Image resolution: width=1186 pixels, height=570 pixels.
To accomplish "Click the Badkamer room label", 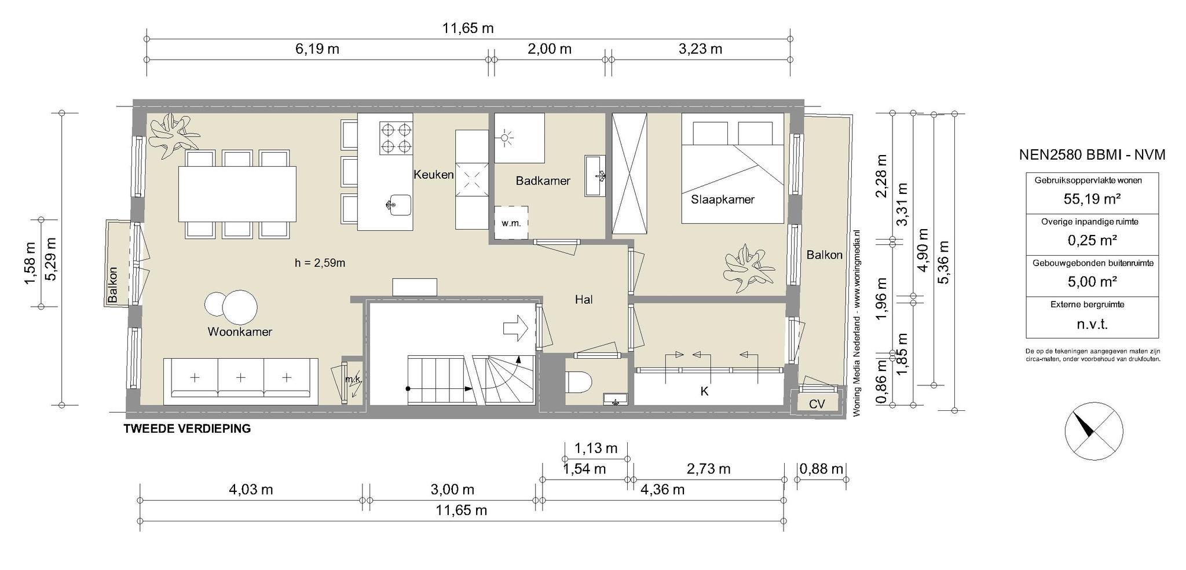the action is pyautogui.click(x=543, y=181).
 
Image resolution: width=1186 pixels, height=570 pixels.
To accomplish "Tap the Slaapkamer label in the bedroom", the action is pyautogui.click(x=723, y=200).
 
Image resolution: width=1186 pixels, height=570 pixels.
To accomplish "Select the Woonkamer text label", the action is pyautogui.click(x=240, y=332).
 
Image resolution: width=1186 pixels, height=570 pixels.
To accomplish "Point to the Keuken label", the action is pyautogui.click(x=433, y=174).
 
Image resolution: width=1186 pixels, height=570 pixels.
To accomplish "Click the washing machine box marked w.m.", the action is pyautogui.click(x=511, y=222).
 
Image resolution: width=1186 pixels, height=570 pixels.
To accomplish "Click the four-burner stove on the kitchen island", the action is pyautogui.click(x=396, y=138).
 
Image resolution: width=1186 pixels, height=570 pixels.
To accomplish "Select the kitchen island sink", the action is pyautogui.click(x=398, y=204).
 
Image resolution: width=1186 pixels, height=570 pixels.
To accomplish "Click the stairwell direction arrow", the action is pyautogui.click(x=515, y=328).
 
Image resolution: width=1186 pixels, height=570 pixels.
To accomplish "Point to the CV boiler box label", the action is pyautogui.click(x=817, y=404).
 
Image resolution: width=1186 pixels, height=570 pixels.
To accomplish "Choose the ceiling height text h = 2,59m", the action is pyautogui.click(x=320, y=263).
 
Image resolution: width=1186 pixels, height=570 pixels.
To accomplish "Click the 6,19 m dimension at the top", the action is pyautogui.click(x=317, y=49).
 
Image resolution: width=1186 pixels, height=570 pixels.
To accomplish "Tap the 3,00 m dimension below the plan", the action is pyautogui.click(x=452, y=490).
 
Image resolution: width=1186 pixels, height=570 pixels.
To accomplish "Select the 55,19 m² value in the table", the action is pyautogui.click(x=1092, y=199).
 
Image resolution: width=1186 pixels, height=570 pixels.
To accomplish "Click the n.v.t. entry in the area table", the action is pyautogui.click(x=1092, y=324).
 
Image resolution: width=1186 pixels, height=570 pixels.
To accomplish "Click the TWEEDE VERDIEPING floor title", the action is pyautogui.click(x=188, y=429).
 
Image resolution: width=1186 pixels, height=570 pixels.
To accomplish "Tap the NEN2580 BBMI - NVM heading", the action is pyautogui.click(x=1092, y=155).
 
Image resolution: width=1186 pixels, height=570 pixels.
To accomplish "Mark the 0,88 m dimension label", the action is pyautogui.click(x=821, y=469).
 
